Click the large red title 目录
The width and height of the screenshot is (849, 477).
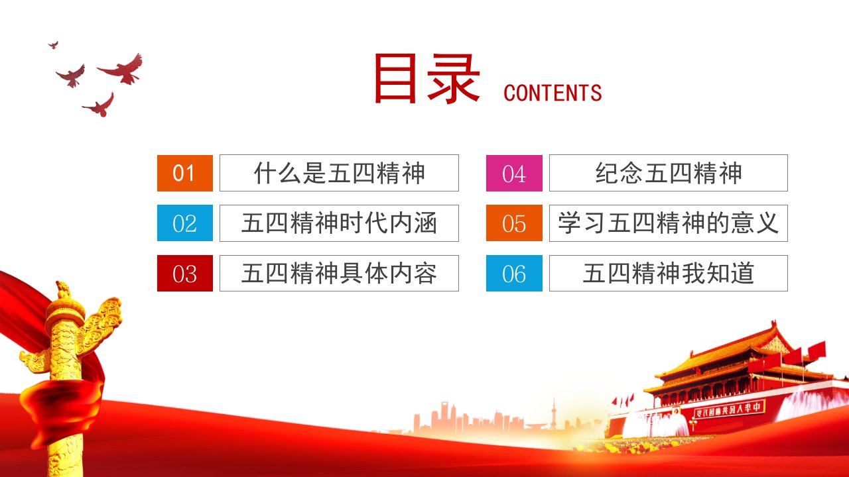click(427, 78)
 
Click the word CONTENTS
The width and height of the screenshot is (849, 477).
click(553, 93)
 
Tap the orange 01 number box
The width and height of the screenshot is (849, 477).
click(185, 173)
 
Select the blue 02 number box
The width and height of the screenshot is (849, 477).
click(185, 223)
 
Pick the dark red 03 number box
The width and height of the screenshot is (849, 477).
click(185, 274)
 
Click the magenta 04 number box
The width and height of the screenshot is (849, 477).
click(514, 173)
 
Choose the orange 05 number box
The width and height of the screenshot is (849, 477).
click(514, 223)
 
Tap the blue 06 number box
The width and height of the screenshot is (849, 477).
click(514, 274)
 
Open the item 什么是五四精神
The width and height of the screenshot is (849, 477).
click(339, 173)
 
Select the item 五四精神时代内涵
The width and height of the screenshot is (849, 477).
click(339, 223)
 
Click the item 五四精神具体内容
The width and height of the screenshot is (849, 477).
click(339, 274)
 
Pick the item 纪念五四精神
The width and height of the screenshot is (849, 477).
click(669, 173)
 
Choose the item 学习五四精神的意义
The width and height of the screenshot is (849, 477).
click(669, 223)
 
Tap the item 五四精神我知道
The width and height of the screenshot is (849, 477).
click(669, 274)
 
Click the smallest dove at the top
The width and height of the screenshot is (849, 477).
click(54, 45)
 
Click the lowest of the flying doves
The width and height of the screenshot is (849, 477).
click(100, 106)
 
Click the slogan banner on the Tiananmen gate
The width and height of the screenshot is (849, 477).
click(728, 409)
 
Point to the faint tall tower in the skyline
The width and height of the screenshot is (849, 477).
click(553, 414)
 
